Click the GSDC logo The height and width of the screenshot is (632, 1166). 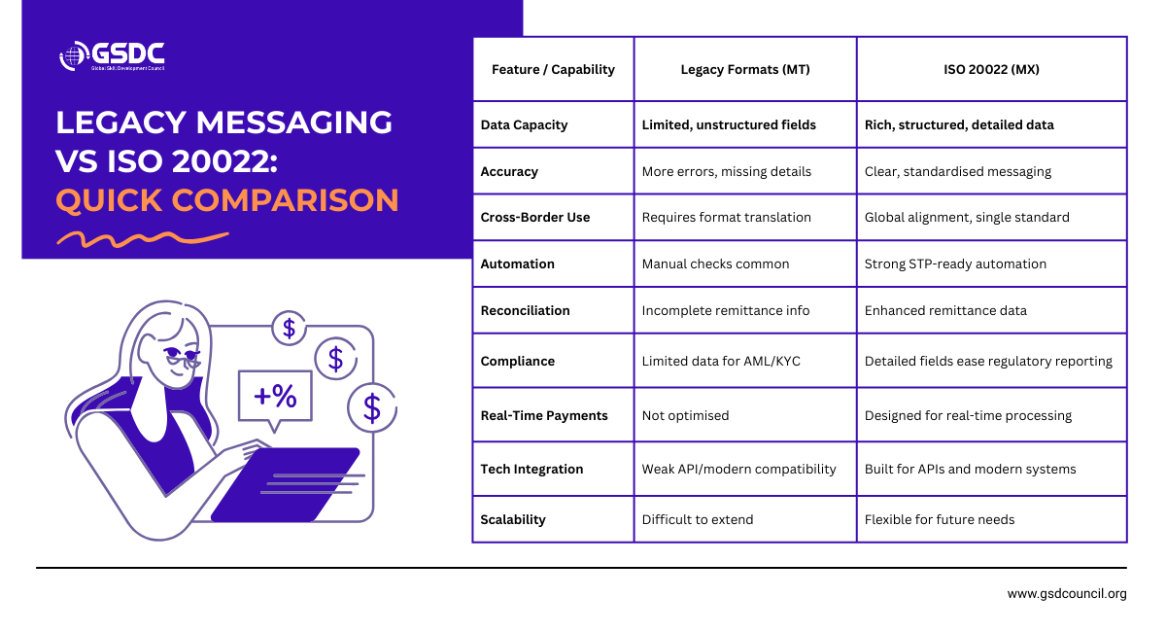(111, 55)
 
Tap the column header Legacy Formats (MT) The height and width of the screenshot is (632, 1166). (745, 69)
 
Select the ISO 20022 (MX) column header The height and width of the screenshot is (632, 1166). (991, 69)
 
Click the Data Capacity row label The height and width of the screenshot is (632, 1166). (524, 124)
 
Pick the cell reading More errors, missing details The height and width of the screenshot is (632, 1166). (726, 171)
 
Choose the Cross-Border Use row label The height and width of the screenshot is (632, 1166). (534, 217)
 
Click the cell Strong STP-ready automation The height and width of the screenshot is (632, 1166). (955, 263)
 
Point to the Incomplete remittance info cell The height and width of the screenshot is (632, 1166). (725, 310)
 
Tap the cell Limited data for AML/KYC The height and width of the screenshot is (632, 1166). (720, 361)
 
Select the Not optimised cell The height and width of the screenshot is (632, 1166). (685, 415)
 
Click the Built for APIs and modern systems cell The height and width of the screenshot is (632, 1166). (970, 469)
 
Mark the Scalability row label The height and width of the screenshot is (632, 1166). (513, 519)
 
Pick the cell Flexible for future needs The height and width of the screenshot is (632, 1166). (939, 519)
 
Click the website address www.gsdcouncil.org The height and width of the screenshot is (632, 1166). (1066, 593)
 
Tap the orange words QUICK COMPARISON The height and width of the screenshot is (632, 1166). (227, 199)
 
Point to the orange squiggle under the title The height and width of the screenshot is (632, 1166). (142, 237)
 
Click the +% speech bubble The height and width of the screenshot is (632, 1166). (275, 396)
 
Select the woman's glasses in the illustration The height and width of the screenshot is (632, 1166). (181, 358)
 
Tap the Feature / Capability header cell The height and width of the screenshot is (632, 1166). (553, 69)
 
